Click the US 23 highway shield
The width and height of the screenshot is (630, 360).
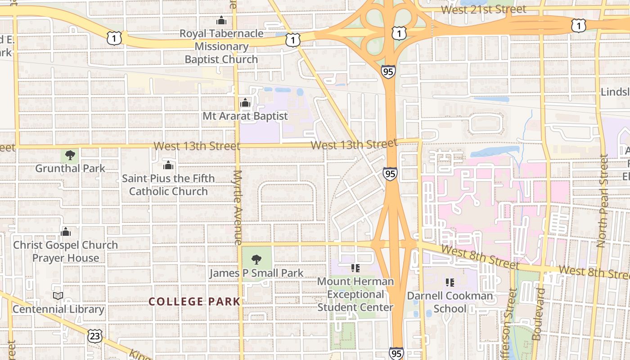[x=95, y=335]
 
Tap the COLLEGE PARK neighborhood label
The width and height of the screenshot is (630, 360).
[x=194, y=302]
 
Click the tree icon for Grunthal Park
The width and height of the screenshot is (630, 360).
[x=70, y=156]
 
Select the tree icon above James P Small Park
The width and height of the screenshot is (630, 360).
[x=256, y=260]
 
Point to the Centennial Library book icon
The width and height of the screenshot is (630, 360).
[x=58, y=296]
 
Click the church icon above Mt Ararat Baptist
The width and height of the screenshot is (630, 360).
[x=245, y=103]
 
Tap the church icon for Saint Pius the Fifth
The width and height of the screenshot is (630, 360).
[x=168, y=165]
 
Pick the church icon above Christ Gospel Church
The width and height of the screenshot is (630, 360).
[x=66, y=232]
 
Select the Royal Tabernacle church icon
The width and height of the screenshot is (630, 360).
[x=221, y=20]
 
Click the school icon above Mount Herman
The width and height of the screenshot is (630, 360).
[x=355, y=268]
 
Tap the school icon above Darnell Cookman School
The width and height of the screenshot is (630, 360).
[x=450, y=283]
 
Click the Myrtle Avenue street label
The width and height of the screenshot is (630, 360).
[x=238, y=207]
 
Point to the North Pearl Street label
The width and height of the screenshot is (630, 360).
[x=602, y=201]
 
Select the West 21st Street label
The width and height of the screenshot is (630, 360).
[x=483, y=9]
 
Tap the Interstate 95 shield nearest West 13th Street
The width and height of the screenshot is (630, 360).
[x=390, y=173]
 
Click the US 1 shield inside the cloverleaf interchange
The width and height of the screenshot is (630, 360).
[x=399, y=33]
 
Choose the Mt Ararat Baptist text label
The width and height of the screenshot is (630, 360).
[x=245, y=116]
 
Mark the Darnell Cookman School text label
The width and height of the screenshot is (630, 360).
[x=450, y=302]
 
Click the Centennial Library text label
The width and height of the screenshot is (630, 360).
[x=58, y=309]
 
